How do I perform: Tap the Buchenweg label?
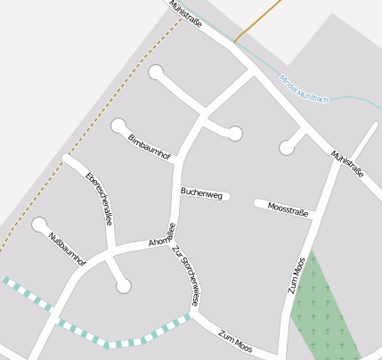201,192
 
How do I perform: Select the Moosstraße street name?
288,209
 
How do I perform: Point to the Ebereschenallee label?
98,197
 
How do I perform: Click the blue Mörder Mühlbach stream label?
304,88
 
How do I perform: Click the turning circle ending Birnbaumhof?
118,126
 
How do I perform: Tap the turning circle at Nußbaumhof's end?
39,225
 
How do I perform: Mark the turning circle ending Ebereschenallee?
123,285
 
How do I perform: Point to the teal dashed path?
125,342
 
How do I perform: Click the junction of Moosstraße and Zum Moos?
314,215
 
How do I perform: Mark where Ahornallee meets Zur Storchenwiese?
171,240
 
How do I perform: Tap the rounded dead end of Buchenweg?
227,196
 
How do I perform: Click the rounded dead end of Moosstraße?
257,203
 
